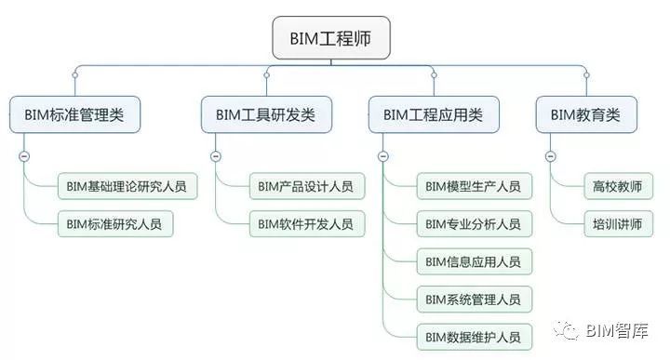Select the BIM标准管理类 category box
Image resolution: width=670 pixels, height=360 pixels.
pyautogui.click(x=74, y=115)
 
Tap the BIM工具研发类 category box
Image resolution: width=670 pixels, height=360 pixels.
pyautogui.click(x=265, y=115)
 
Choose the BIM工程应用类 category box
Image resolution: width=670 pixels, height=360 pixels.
pyautogui.click(x=433, y=115)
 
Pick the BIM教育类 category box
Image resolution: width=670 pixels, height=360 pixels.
pyautogui.click(x=585, y=115)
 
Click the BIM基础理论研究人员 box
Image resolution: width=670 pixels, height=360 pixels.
pyautogui.click(x=127, y=186)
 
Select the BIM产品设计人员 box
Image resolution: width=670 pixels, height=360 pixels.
pyautogui.click(x=306, y=186)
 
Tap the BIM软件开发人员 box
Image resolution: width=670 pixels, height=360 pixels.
pyautogui.click(x=306, y=223)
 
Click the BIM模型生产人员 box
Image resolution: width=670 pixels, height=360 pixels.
pyautogui.click(x=473, y=186)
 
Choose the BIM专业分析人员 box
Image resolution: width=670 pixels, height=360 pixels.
pyautogui.click(x=473, y=223)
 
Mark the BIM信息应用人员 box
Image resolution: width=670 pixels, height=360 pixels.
pyautogui.click(x=473, y=261)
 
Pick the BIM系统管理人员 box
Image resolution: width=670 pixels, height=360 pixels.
pyautogui.click(x=473, y=299)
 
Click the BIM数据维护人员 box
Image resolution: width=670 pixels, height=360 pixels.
pyautogui.click(x=473, y=336)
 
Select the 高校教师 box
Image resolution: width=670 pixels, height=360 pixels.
pyautogui.click(x=618, y=186)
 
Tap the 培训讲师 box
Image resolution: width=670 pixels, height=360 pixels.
pyautogui.click(x=618, y=223)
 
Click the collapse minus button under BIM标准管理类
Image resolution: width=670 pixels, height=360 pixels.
pyautogui.click(x=24, y=156)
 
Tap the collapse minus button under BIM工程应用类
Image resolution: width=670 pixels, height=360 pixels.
pyautogui.click(x=382, y=156)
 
